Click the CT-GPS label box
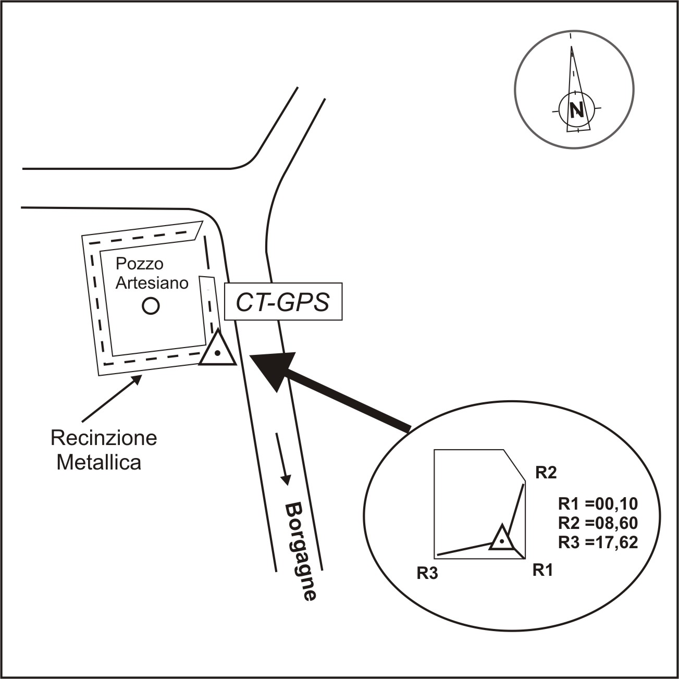coord(283,302)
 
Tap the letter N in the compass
coord(577,110)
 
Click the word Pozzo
coord(140,264)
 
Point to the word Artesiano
coord(152,282)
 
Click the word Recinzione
coord(104,438)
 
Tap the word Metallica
coord(99,462)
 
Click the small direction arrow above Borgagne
coord(283,459)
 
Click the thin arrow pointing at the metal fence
coord(112,398)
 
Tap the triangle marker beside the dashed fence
coord(217,348)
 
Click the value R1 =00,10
coord(598,504)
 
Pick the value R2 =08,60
coord(598,523)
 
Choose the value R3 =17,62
coord(598,542)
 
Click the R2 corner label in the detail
coord(546,473)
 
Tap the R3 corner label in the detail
coord(427,574)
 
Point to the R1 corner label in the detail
coord(542,570)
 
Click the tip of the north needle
coord(572,46)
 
